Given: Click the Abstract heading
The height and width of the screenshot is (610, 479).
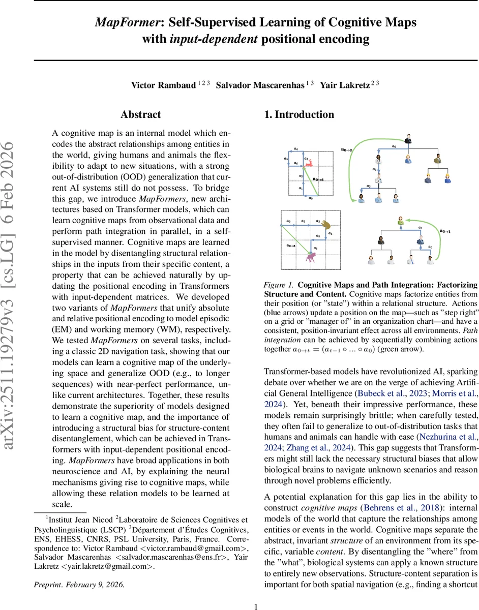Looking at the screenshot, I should click(x=141, y=115).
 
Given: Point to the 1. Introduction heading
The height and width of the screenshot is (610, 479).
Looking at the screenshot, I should click(x=299, y=115).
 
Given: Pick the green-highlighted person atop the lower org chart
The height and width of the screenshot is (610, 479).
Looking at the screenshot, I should click(x=401, y=222).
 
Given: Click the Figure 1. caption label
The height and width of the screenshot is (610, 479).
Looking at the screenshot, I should click(x=278, y=285).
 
